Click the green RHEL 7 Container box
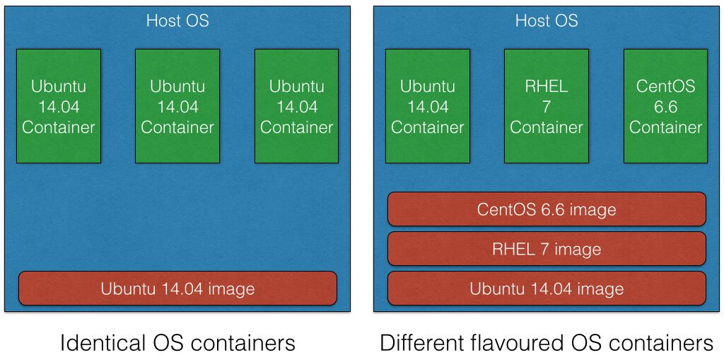(x=547, y=106)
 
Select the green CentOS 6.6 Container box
(x=665, y=106)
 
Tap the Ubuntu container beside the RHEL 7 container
(x=428, y=106)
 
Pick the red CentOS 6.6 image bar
(x=547, y=209)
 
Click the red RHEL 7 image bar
(x=547, y=249)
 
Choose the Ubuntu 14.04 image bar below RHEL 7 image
(x=547, y=289)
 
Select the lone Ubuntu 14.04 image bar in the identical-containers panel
(x=177, y=289)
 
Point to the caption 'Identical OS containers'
(x=177, y=343)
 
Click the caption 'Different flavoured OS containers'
(x=547, y=343)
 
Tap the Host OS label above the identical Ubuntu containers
(x=177, y=21)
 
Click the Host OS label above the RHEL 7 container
(x=547, y=21)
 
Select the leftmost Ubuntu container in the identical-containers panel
(x=59, y=106)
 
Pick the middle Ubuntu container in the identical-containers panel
(x=177, y=106)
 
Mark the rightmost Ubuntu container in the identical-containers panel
(x=296, y=106)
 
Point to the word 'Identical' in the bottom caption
(x=103, y=343)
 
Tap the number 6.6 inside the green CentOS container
(x=665, y=107)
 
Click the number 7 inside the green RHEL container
(x=547, y=107)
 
